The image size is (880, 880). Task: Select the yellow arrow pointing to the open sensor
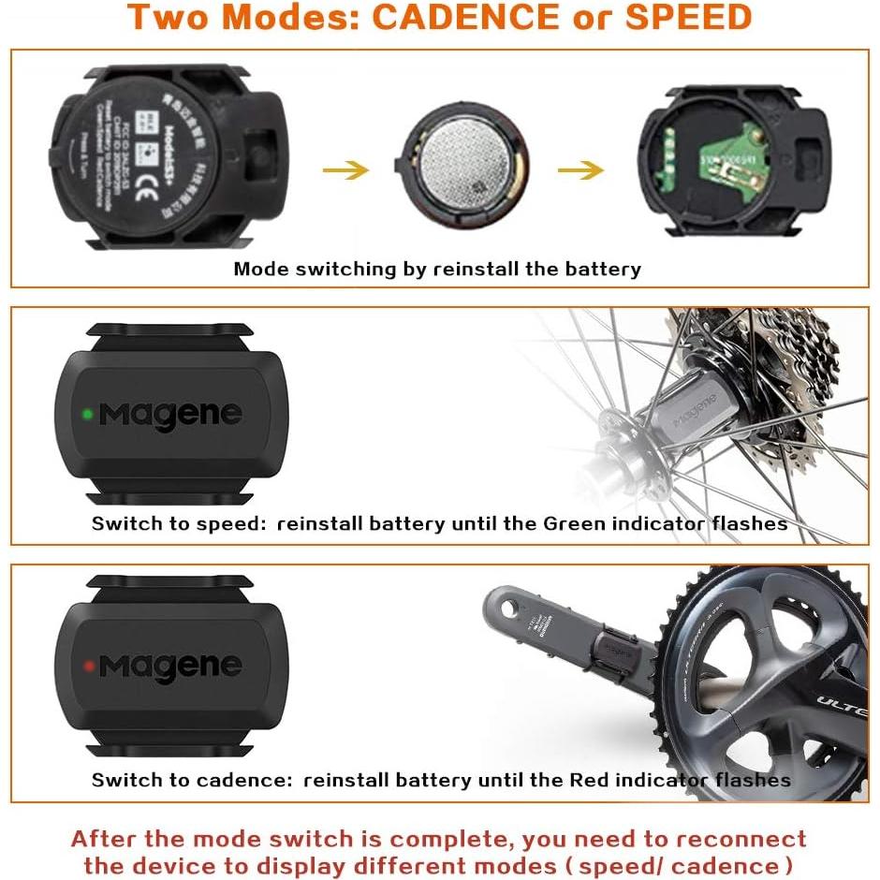point(580,170)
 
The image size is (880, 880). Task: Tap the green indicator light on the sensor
point(86,412)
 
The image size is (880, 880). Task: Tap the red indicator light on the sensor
point(87,666)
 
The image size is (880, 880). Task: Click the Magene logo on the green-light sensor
point(170,413)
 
